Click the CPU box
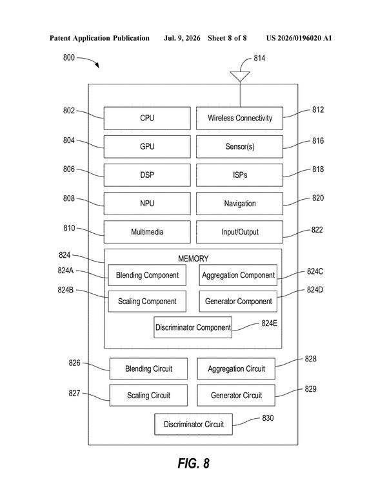click(x=147, y=118)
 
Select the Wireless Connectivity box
click(x=239, y=118)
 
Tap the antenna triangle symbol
click(x=240, y=76)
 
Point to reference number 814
click(x=259, y=58)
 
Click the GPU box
click(x=147, y=147)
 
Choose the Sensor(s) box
click(x=239, y=147)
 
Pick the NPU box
click(x=147, y=204)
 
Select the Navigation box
click(x=239, y=204)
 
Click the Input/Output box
click(x=239, y=232)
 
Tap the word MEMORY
click(x=193, y=258)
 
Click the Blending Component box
click(x=147, y=275)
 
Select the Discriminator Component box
click(x=193, y=327)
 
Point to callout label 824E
click(x=270, y=323)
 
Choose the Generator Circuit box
click(x=236, y=396)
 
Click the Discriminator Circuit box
click(x=193, y=425)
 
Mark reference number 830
click(x=268, y=418)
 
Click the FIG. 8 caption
click(x=193, y=463)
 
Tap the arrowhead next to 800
click(x=97, y=65)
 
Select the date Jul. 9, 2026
click(x=182, y=38)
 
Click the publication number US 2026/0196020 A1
click(x=299, y=38)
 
